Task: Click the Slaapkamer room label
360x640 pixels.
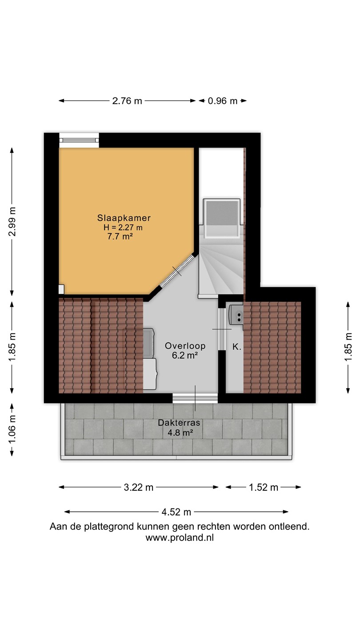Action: tap(124, 218)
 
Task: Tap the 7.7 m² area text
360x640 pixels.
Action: tap(120, 236)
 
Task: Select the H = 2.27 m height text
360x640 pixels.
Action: tap(123, 228)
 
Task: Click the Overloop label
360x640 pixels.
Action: tap(185, 346)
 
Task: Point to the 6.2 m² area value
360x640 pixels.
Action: tap(185, 356)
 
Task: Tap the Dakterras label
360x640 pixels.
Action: tap(179, 423)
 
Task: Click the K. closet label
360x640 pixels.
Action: tap(237, 347)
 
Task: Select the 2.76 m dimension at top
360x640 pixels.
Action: tap(127, 101)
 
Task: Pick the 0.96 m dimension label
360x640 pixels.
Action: tap(223, 101)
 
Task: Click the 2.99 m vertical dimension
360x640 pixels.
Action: tap(12, 222)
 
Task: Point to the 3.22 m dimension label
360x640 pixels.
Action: tap(139, 488)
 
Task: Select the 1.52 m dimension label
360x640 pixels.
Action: tap(264, 488)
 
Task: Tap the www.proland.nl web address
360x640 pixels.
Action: tap(180, 538)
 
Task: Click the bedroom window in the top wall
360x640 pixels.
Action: tap(79, 140)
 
